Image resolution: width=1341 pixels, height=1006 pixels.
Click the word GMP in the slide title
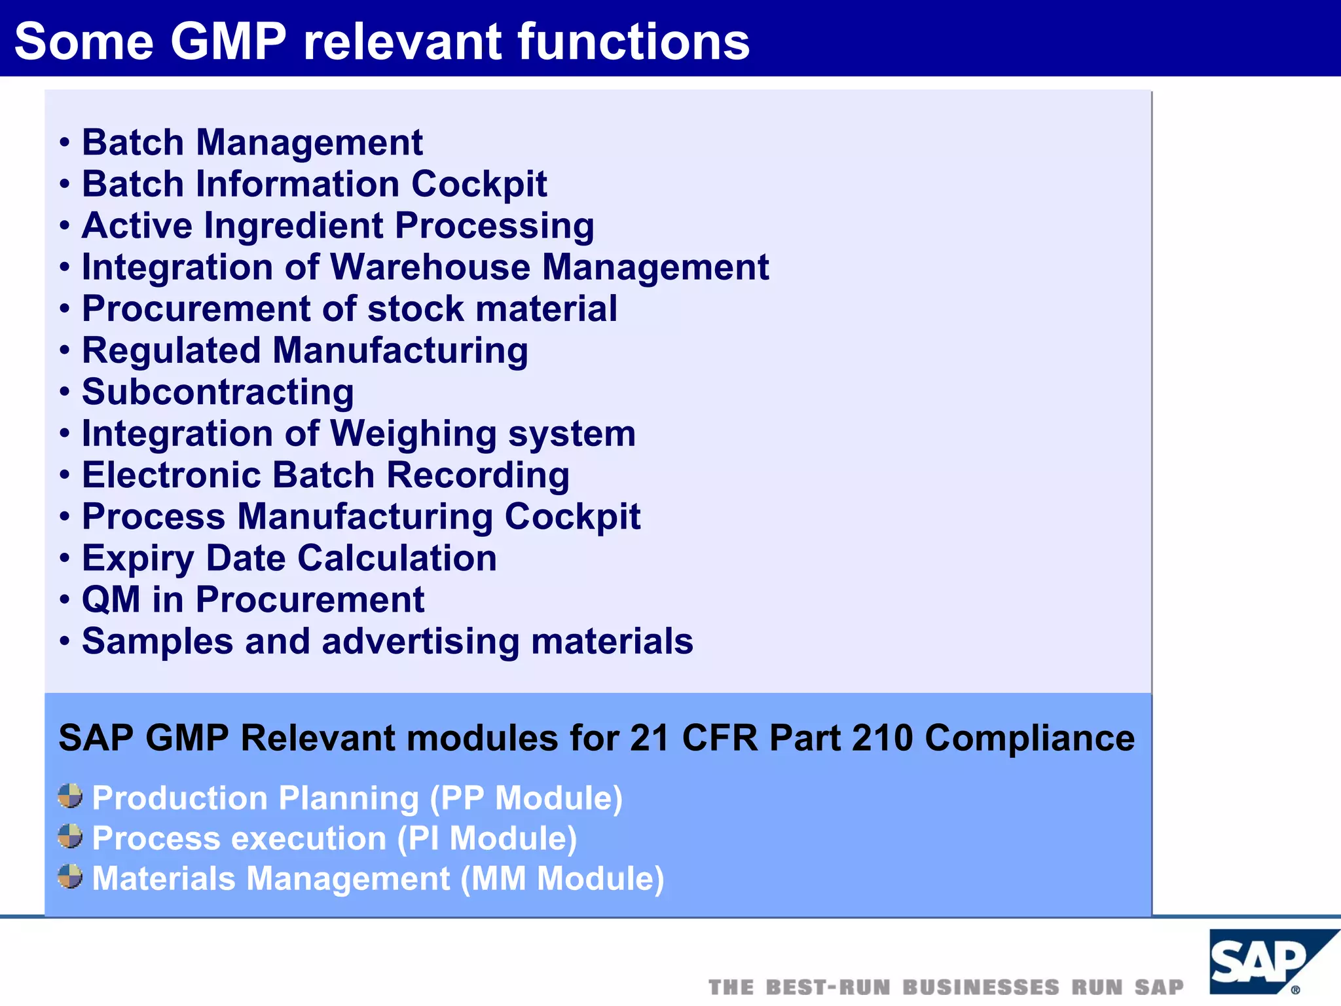(229, 42)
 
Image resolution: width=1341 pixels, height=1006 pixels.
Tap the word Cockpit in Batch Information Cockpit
(479, 184)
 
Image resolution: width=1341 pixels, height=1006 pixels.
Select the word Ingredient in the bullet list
(294, 226)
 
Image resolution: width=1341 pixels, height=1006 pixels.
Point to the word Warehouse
(430, 267)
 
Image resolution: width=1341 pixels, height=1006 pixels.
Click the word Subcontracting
(218, 392)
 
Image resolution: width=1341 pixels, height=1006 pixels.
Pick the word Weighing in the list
(413, 434)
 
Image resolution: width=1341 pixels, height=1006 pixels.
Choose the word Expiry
(138, 559)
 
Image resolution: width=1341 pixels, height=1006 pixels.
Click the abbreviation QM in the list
(111, 600)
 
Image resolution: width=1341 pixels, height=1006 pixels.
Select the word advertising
(420, 641)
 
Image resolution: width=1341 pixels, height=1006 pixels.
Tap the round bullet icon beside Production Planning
(71, 796)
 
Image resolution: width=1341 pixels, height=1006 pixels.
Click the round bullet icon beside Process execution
(71, 836)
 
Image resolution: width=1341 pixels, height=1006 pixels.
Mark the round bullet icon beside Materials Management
(71, 876)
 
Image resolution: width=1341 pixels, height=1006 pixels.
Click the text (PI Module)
(487, 839)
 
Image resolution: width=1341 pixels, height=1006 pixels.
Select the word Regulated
(171, 351)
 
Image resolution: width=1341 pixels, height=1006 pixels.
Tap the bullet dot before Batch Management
(64, 143)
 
